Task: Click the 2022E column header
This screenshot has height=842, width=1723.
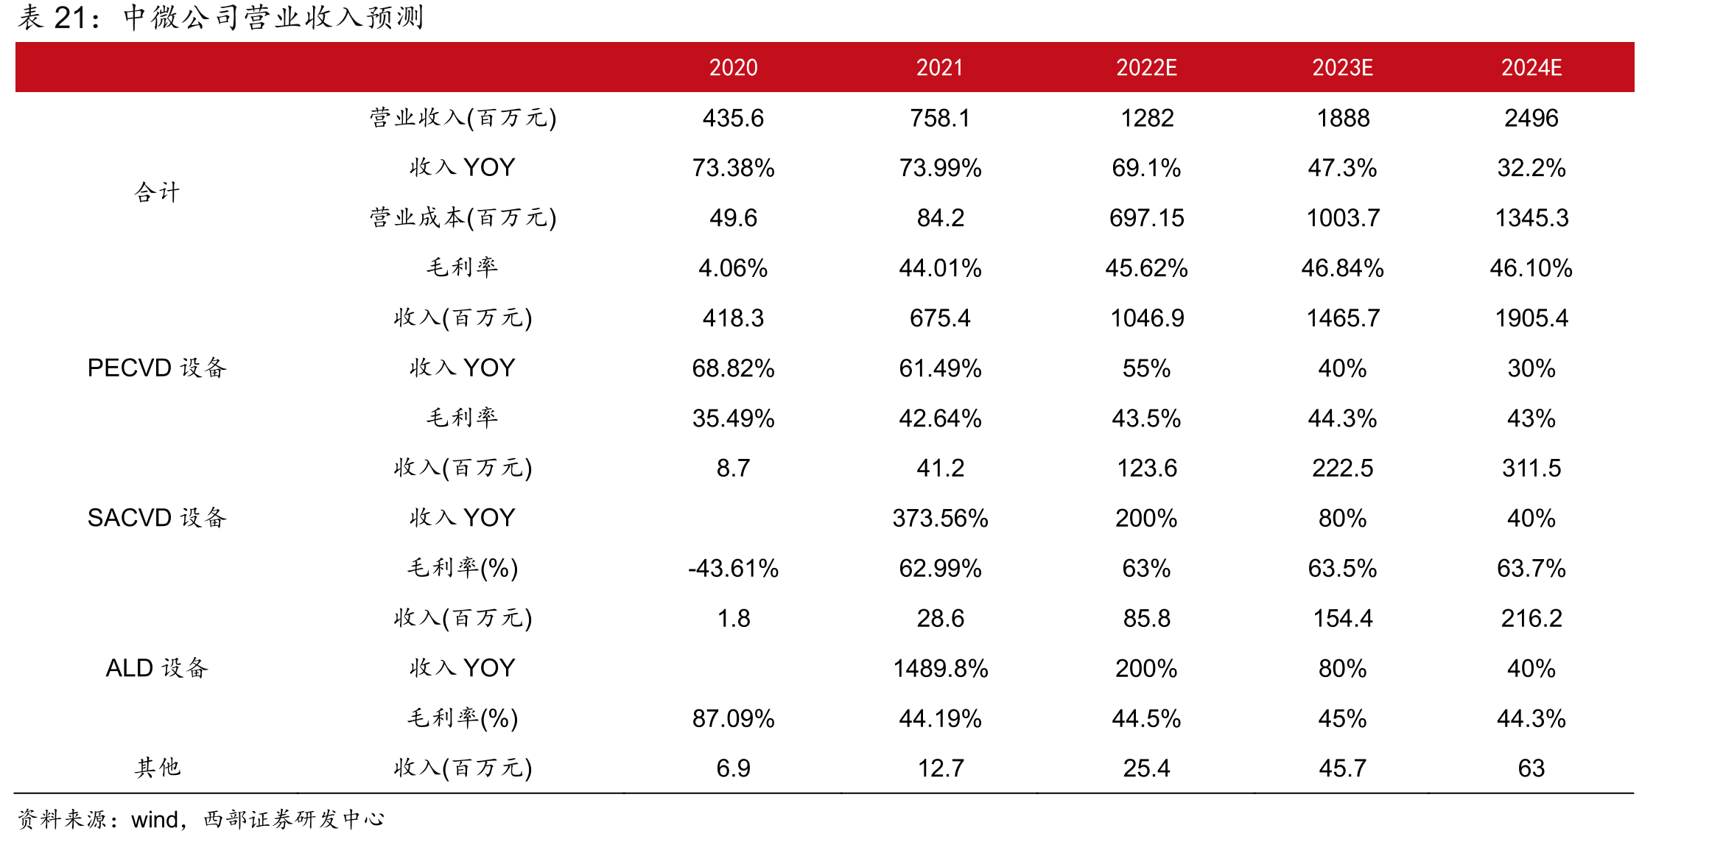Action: click(1146, 68)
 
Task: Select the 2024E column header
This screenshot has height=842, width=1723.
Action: click(1531, 68)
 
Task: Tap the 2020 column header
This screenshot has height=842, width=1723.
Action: click(733, 68)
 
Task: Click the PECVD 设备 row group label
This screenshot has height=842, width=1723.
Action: click(157, 368)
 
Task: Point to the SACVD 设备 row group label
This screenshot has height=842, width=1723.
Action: click(157, 518)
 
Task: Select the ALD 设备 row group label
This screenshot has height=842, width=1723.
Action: click(157, 668)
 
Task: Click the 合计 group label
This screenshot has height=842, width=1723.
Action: click(157, 193)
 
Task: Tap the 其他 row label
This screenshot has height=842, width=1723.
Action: click(157, 768)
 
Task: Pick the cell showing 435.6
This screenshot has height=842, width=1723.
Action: click(733, 118)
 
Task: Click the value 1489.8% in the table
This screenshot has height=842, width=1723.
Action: click(940, 668)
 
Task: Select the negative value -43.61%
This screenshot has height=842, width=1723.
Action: click(733, 568)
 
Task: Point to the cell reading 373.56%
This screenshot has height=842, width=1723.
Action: click(940, 518)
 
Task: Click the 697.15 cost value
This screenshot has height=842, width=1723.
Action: click(1146, 218)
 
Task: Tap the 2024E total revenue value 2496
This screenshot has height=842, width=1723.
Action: click(1531, 118)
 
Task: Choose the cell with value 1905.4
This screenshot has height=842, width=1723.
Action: click(1531, 318)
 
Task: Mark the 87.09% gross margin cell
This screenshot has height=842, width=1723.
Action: click(733, 718)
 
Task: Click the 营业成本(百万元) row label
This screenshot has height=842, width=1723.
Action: click(463, 218)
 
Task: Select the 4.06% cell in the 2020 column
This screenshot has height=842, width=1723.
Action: click(733, 268)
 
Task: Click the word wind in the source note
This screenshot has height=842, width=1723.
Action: click(155, 819)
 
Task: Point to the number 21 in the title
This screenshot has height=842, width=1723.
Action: click(71, 18)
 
